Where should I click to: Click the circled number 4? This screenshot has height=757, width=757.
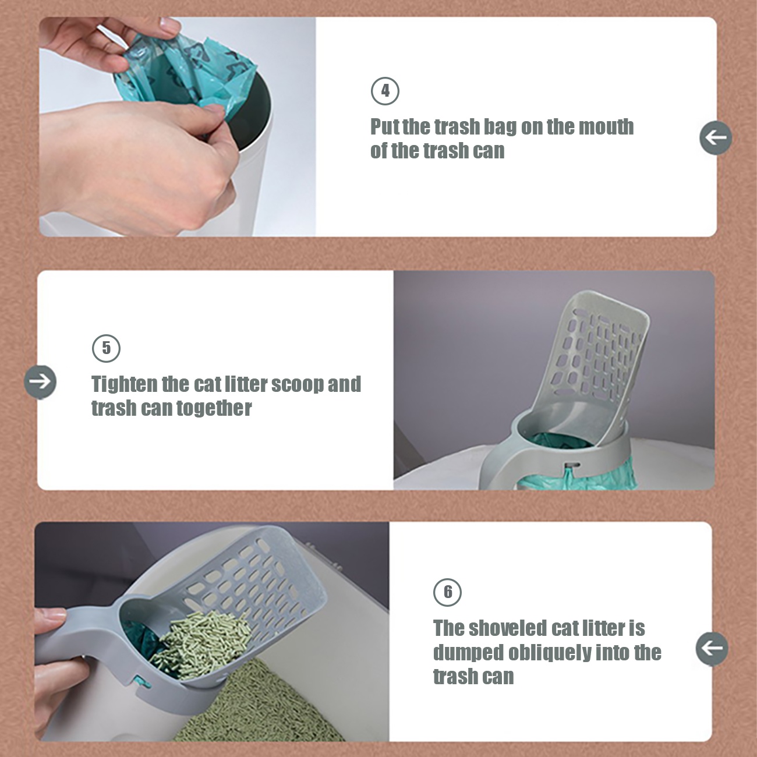[385, 91]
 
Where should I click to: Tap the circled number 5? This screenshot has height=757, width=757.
[106, 348]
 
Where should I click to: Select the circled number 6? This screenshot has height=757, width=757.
[447, 592]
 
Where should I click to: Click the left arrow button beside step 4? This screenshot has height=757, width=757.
[715, 138]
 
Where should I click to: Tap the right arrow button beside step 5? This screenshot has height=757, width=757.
[40, 381]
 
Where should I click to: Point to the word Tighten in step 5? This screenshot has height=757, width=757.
[125, 384]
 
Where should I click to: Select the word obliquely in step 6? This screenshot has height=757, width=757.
[550, 653]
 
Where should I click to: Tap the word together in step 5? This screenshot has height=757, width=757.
[214, 409]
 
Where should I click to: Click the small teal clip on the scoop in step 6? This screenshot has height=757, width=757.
[141, 682]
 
